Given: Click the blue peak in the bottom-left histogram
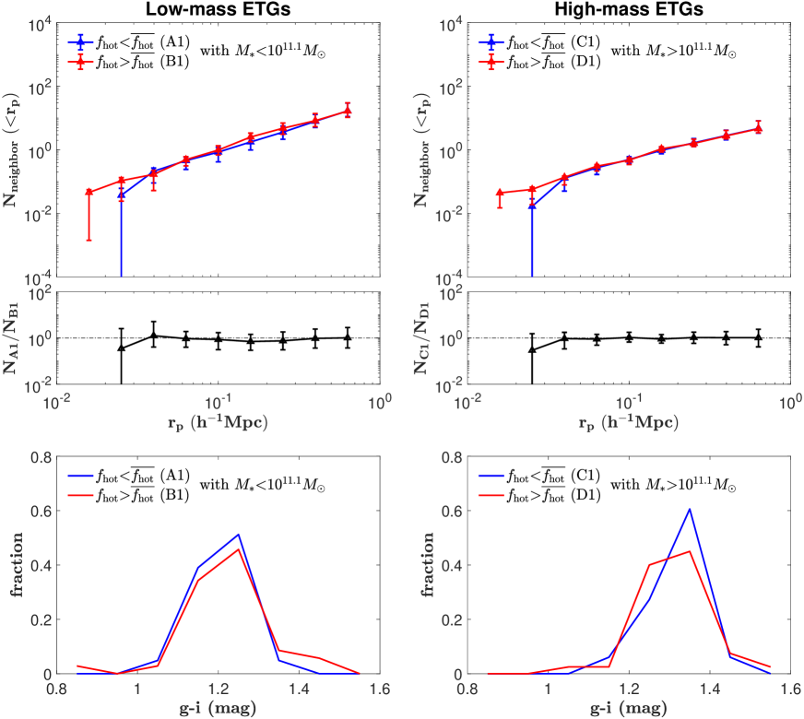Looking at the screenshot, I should (x=239, y=534).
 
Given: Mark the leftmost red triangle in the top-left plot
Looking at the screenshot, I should (x=89, y=192).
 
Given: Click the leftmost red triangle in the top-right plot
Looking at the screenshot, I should (x=500, y=193).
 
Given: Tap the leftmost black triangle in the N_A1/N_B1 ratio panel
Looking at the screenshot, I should (x=122, y=348).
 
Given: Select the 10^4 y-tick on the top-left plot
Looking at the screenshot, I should (x=35, y=24).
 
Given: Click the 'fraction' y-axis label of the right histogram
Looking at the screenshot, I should (x=427, y=564).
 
